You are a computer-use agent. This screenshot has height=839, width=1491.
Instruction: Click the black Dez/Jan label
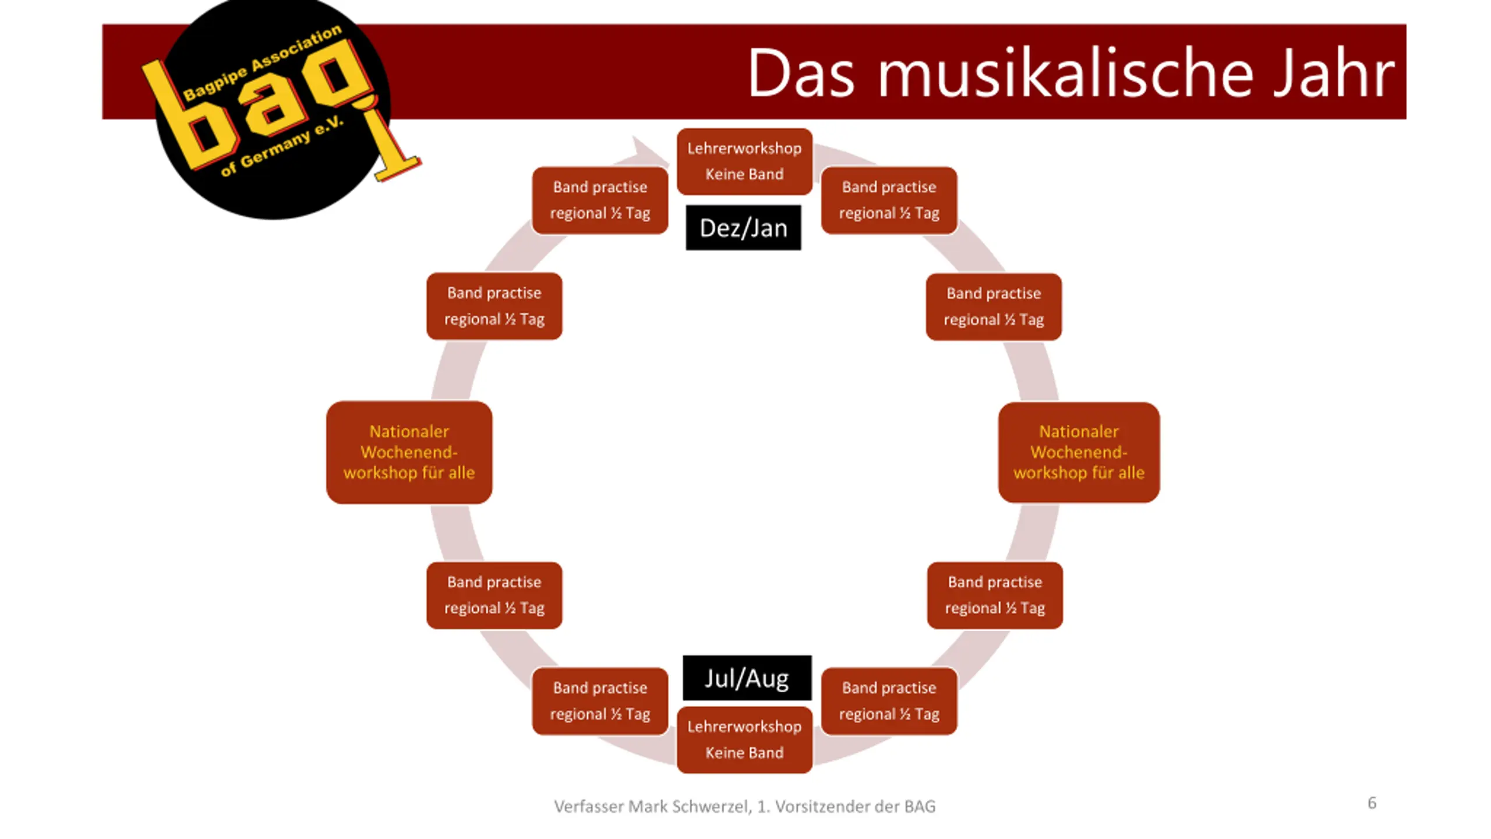pyautogui.click(x=743, y=228)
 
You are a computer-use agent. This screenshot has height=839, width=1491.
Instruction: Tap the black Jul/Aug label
pyautogui.click(x=747, y=678)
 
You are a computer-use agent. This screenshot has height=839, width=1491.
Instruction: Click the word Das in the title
pyautogui.click(x=801, y=74)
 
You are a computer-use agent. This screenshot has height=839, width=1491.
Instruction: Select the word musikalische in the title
pyautogui.click(x=1065, y=74)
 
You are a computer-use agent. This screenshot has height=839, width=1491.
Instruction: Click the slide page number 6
pyautogui.click(x=1372, y=803)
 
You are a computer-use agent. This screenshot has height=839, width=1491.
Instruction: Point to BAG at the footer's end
pyautogui.click(x=920, y=806)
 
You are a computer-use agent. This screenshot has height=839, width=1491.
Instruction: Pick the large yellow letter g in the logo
pyautogui.click(x=338, y=76)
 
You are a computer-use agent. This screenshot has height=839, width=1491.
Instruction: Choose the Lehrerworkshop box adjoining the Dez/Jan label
pyautogui.click(x=744, y=161)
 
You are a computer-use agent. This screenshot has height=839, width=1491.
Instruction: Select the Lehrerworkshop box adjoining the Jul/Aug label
pyautogui.click(x=744, y=739)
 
